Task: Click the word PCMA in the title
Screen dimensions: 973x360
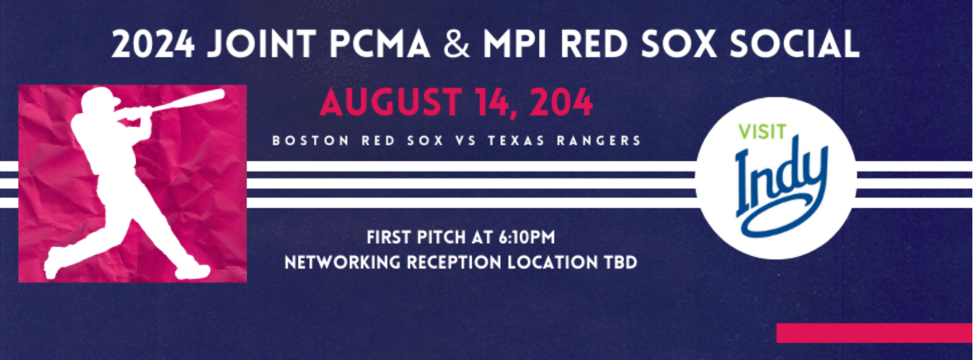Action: coord(379,45)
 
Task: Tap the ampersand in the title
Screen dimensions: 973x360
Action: coord(457,45)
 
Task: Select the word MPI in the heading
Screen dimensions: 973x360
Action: coord(515,45)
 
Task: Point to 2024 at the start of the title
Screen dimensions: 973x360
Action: coord(152,45)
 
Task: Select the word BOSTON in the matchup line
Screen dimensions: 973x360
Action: coord(311,141)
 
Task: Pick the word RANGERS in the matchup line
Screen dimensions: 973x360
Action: coord(599,141)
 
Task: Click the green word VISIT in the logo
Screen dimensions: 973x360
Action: coord(762,132)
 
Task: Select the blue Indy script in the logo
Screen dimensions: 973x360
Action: coord(781,186)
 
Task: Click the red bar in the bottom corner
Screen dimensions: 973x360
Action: coord(874,333)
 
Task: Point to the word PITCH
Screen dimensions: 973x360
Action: coord(441,237)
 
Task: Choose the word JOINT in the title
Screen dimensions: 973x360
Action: coord(261,45)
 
